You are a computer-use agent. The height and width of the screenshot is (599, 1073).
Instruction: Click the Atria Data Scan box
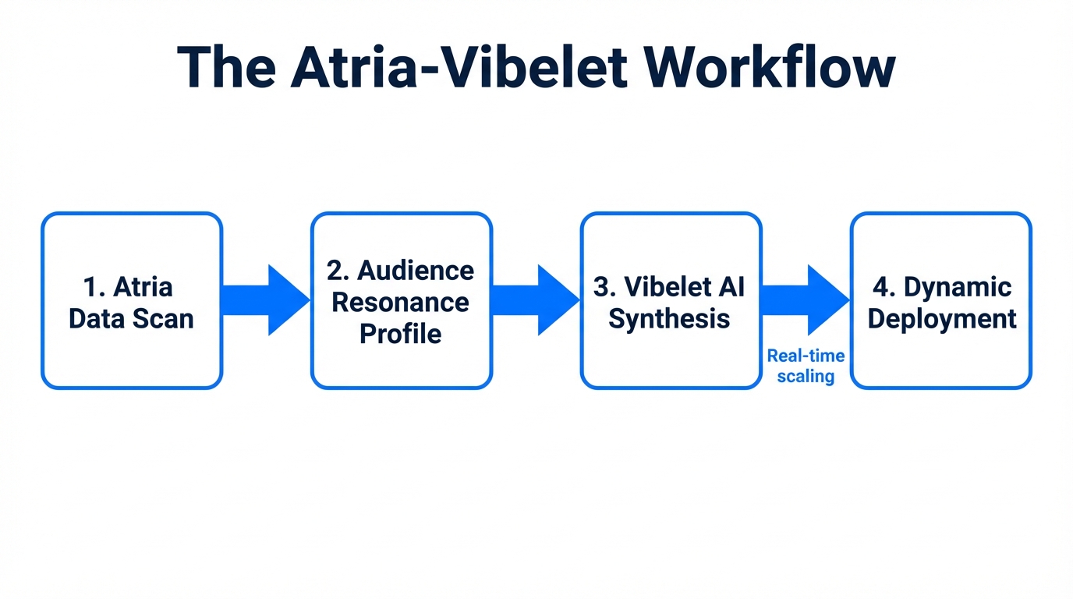132,300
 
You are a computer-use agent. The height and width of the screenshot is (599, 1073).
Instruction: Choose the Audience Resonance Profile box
402,300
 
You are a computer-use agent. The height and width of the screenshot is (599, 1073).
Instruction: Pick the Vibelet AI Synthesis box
671,300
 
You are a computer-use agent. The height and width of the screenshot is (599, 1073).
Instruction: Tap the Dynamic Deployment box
941,300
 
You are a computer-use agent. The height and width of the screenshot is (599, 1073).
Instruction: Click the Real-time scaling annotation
806,366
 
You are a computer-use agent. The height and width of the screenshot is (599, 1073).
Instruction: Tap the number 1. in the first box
94,287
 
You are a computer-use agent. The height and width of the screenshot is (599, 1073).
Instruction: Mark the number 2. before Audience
338,271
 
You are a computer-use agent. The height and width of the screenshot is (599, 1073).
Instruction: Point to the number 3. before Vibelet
605,287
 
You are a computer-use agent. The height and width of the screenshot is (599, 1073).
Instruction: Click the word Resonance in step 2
401,303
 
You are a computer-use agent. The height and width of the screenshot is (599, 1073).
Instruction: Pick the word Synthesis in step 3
669,319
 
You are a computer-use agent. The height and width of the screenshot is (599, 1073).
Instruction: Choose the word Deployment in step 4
942,319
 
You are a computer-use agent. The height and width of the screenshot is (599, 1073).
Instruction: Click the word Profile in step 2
401,335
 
